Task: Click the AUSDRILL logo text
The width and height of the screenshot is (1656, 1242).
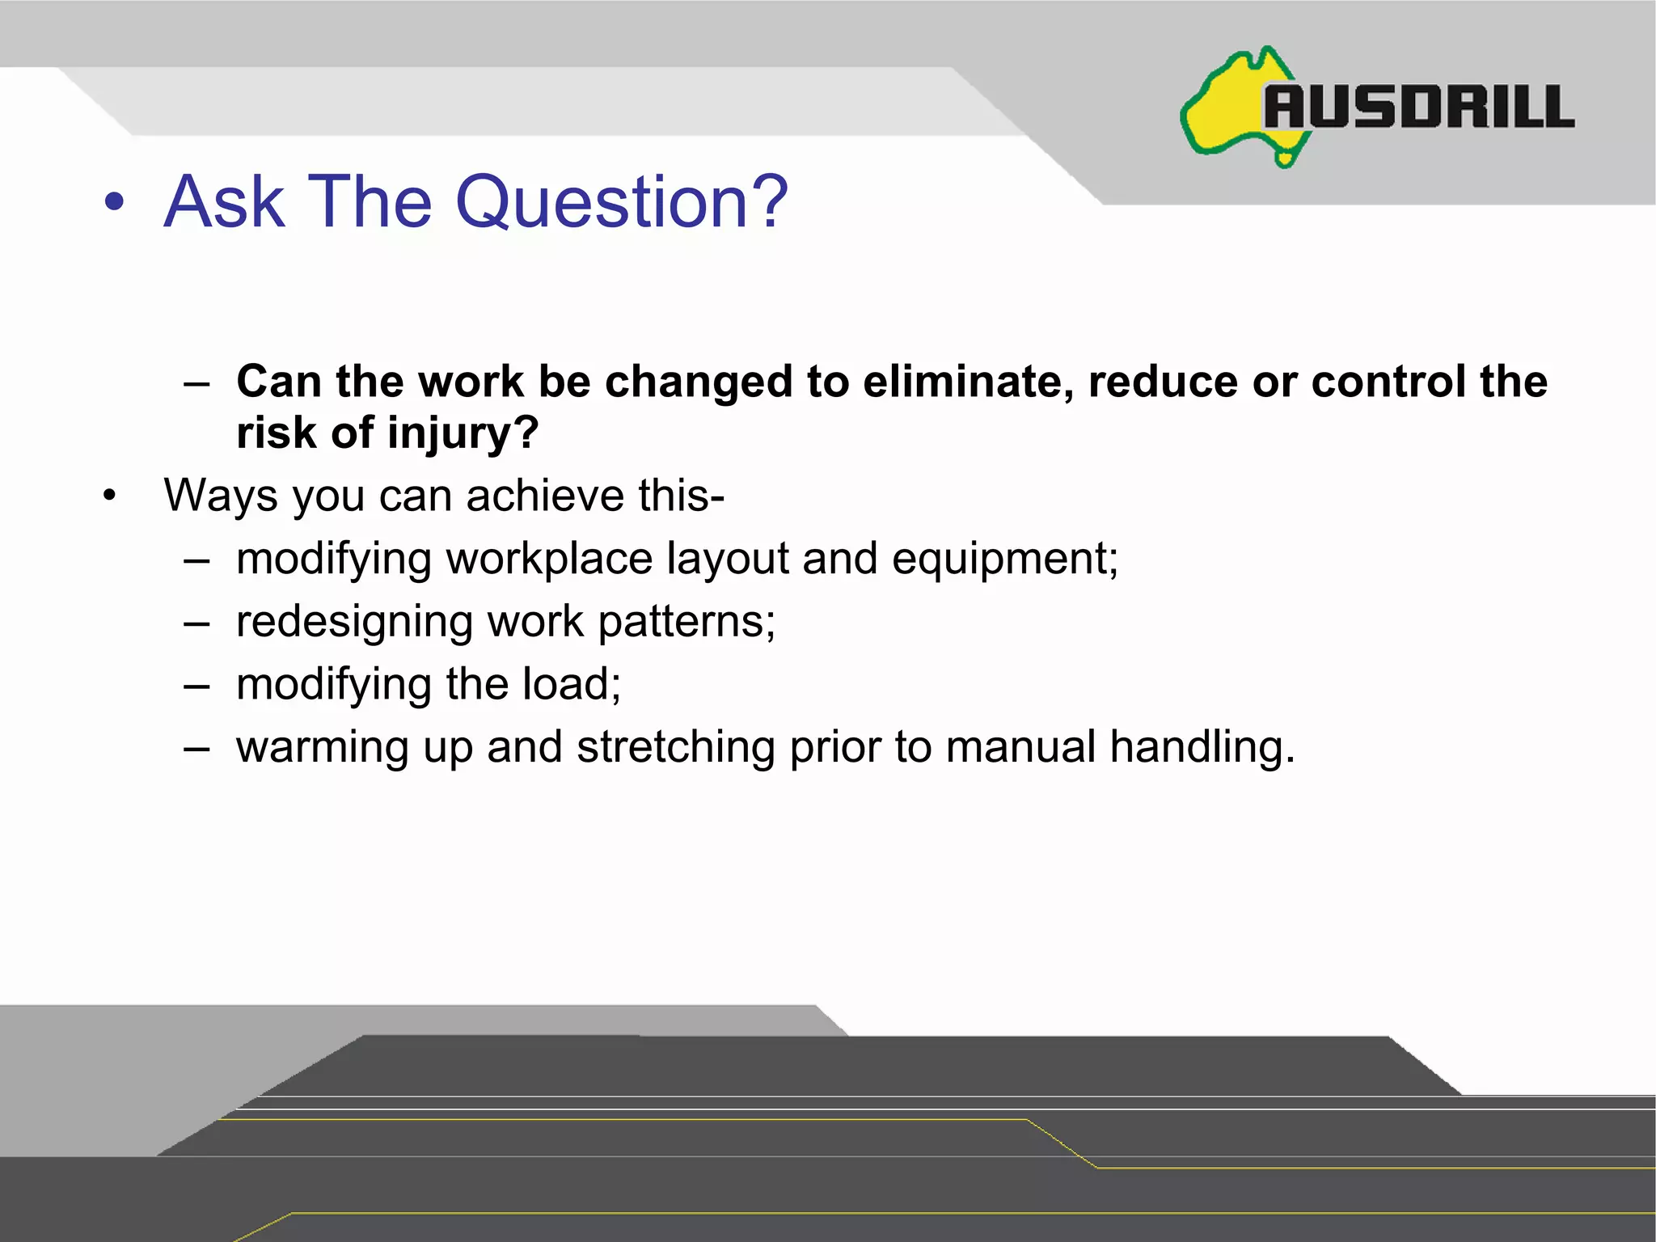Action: coord(1419,108)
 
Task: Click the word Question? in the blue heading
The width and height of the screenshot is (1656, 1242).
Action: coord(621,202)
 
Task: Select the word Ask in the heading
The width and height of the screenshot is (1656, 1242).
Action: coord(224,202)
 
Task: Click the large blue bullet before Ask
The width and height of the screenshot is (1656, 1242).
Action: coord(114,203)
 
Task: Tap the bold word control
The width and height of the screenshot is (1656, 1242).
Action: coord(1388,382)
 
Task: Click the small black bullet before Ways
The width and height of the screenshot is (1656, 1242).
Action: coord(110,495)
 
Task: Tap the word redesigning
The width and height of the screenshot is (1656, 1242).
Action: coord(354,622)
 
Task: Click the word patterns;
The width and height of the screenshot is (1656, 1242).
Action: coord(686,622)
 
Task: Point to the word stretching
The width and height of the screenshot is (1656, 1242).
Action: coord(675,747)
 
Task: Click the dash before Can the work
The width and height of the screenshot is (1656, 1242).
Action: coord(196,383)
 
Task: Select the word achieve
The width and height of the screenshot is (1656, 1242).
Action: coord(544,496)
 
